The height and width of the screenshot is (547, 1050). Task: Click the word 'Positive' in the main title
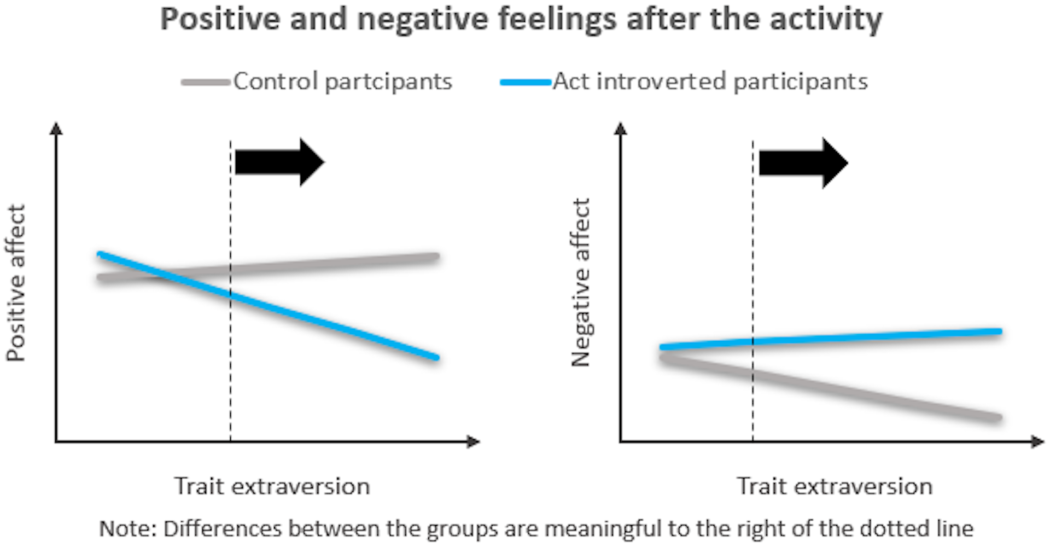pyautogui.click(x=220, y=20)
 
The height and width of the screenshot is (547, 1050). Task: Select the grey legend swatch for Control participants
pyautogui.click(x=205, y=83)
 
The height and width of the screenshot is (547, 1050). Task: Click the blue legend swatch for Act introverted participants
pyautogui.click(x=525, y=83)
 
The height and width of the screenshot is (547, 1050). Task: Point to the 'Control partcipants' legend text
pyautogui.click(x=343, y=82)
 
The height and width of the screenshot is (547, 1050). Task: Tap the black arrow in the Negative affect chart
pyautogui.click(x=803, y=163)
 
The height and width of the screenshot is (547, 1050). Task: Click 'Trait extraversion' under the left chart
pyautogui.click(x=272, y=486)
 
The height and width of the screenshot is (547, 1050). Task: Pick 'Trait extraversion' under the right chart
pyautogui.click(x=835, y=486)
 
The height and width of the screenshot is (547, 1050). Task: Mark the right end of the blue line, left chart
pyautogui.click(x=436, y=357)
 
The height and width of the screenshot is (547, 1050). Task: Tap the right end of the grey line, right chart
pyautogui.click(x=998, y=418)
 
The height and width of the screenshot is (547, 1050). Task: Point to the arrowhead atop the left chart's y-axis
pyautogui.click(x=56, y=129)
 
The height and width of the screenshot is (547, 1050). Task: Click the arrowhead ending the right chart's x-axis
pyautogui.click(x=1037, y=441)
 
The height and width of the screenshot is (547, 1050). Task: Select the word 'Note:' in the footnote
pyautogui.click(x=128, y=528)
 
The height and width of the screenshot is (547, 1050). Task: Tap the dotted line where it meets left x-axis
pyautogui.click(x=230, y=440)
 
